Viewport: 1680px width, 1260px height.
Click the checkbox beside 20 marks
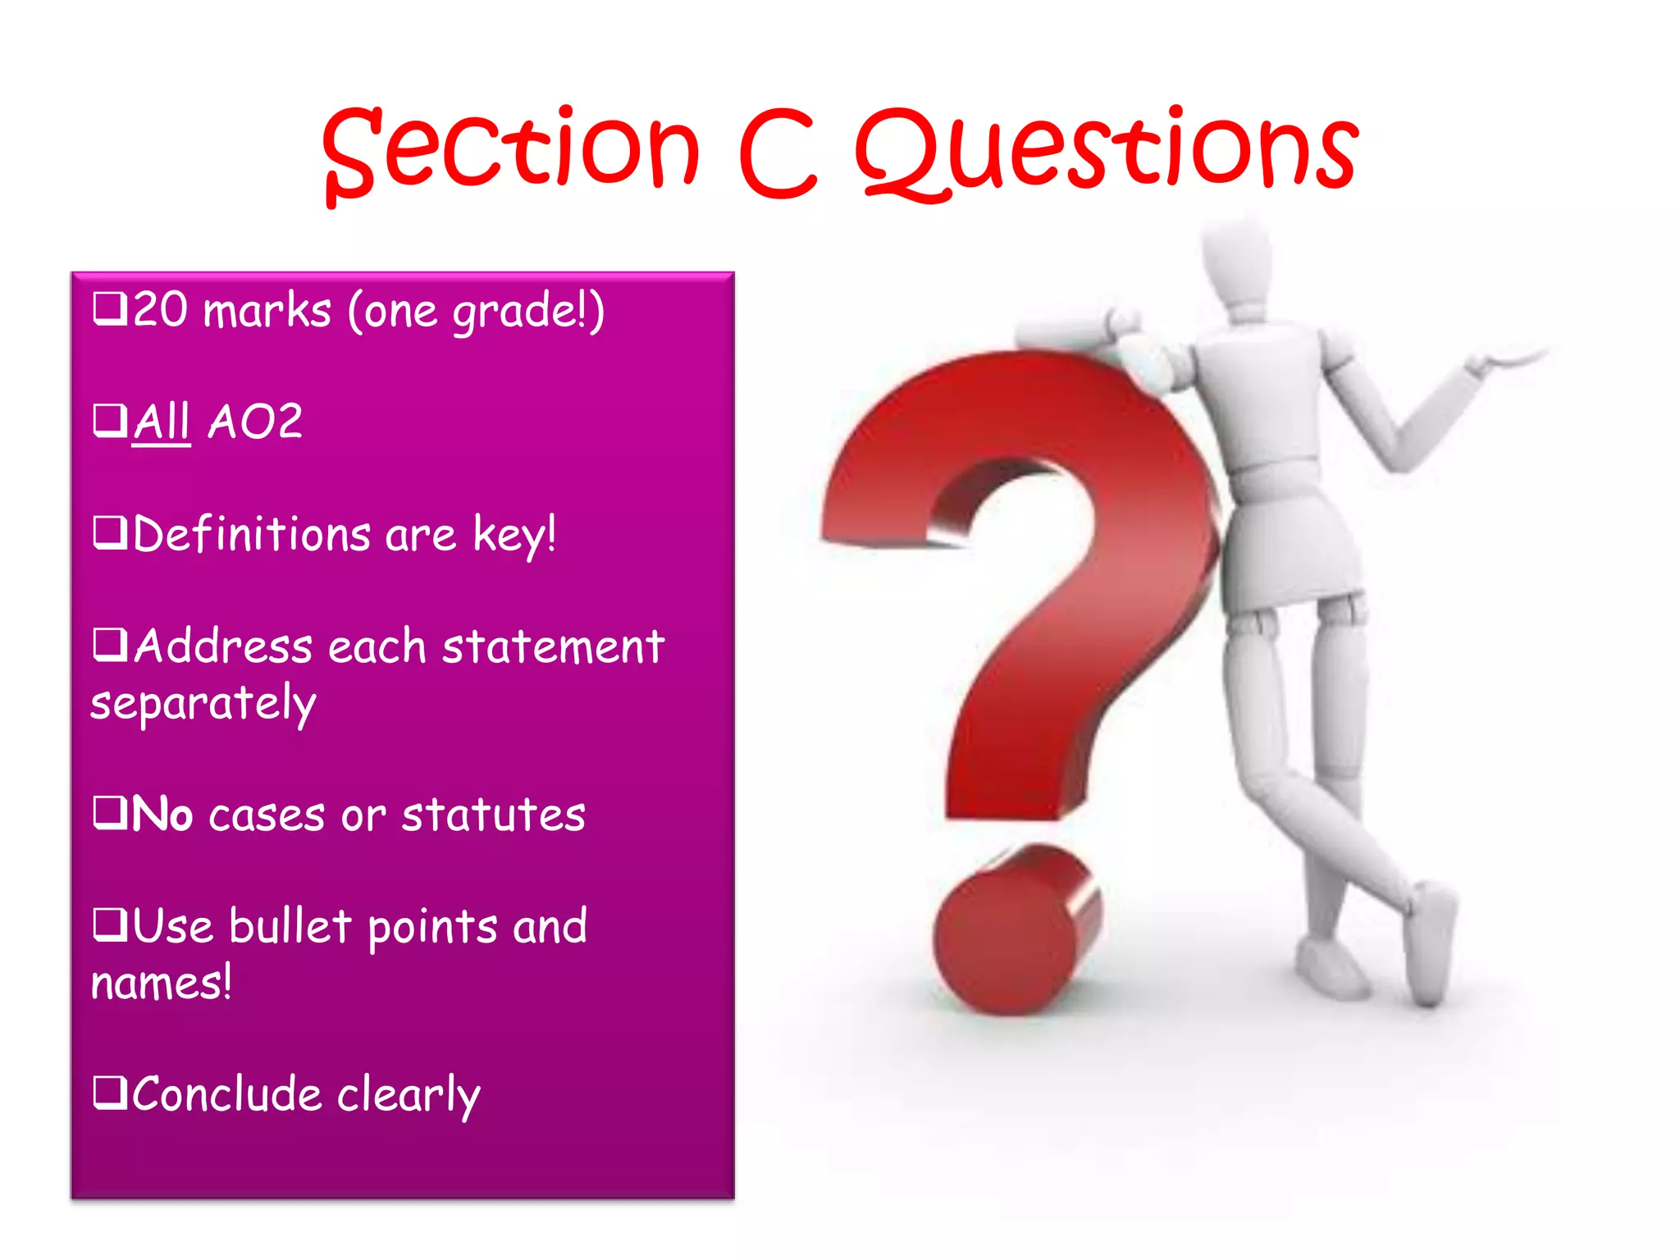tap(110, 309)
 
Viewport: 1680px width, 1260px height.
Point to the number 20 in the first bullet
tap(161, 310)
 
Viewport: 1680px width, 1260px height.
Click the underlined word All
tap(162, 422)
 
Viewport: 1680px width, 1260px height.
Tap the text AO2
tap(256, 422)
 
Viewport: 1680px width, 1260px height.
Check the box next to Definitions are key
tap(110, 533)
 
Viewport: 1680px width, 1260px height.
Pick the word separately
tap(203, 704)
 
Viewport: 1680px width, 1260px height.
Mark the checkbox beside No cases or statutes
tap(110, 814)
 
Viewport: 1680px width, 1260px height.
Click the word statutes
tap(494, 815)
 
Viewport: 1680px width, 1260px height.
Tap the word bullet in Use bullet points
tap(290, 926)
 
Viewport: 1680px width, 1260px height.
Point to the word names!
tap(162, 983)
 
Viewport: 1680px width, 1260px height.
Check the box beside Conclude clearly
tap(110, 1093)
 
